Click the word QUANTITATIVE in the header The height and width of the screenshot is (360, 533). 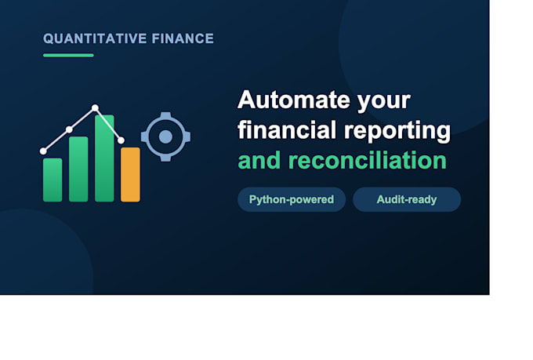coord(95,38)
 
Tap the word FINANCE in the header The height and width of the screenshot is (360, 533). coord(183,38)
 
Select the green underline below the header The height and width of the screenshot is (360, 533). coord(68,56)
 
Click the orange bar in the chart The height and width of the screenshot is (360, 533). coord(130,175)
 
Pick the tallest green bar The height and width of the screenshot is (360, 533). coord(104,158)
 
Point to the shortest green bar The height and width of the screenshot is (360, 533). coord(53,180)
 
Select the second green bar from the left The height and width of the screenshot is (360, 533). coord(78,169)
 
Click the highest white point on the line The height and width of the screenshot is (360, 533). coord(95,108)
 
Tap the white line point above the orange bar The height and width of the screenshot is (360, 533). coord(121,140)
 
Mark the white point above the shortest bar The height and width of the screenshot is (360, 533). coord(43,151)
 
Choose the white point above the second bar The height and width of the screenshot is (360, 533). coord(69,129)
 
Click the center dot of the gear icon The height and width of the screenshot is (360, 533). coord(165,136)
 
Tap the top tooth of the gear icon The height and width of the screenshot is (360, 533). coord(165,115)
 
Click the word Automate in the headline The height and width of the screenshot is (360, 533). coord(294,100)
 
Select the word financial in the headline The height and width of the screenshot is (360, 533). coord(287,129)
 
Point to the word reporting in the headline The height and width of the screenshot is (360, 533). coord(397,131)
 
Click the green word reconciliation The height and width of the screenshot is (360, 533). coord(367,160)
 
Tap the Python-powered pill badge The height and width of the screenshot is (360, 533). coord(292,199)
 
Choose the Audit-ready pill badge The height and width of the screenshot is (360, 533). coord(407,199)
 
